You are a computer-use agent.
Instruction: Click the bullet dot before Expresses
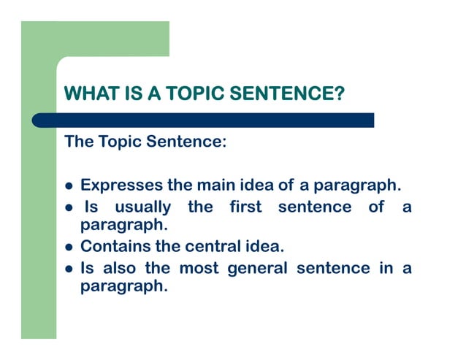(69, 185)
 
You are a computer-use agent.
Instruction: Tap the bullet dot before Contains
(69, 247)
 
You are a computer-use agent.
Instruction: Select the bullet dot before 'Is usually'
(69, 208)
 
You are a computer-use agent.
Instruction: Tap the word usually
(142, 207)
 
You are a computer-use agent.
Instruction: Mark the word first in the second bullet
(245, 207)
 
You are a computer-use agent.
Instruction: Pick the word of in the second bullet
(376, 207)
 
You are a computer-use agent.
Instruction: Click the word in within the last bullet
(386, 268)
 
